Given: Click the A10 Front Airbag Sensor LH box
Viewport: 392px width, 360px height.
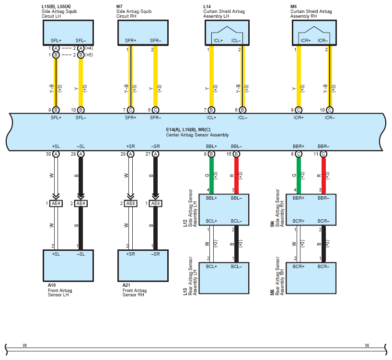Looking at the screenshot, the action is pyautogui.click(x=68, y=266).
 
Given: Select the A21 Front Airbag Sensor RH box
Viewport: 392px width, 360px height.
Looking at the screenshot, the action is pyautogui.click(x=143, y=266).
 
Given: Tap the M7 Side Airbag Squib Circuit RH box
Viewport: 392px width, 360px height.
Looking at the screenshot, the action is pyautogui.click(x=143, y=33).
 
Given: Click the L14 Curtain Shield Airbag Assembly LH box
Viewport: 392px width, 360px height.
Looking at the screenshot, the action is pyautogui.click(x=227, y=33).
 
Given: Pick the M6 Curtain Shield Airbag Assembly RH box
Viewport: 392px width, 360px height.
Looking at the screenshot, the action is pyautogui.click(x=314, y=33).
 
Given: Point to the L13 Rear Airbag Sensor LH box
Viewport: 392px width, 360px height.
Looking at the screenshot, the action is pyautogui.click(x=224, y=278).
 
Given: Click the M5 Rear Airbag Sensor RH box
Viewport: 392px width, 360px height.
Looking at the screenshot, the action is pyautogui.click(x=311, y=278).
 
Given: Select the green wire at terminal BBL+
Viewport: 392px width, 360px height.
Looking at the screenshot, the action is pyautogui.click(x=211, y=176).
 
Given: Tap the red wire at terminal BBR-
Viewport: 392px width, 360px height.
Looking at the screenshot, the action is pyautogui.click(x=323, y=176).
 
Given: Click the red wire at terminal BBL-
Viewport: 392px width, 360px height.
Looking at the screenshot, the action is pyautogui.click(x=237, y=176).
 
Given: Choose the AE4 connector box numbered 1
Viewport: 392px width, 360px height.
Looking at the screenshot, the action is pyautogui.click(x=56, y=203).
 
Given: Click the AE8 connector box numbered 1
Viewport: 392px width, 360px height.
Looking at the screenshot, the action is pyautogui.click(x=155, y=203).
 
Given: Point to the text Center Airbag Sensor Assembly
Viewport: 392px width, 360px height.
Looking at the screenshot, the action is pyautogui.click(x=197, y=135).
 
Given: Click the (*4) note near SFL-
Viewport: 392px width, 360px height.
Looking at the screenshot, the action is pyautogui.click(x=89, y=48).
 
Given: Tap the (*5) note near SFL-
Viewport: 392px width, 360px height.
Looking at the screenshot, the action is pyautogui.click(x=89, y=55).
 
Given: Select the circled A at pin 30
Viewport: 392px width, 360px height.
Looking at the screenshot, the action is pyautogui.click(x=56, y=154).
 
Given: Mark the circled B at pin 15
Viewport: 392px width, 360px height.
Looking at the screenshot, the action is pyautogui.click(x=237, y=154).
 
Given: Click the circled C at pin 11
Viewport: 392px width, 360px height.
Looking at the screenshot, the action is pyautogui.click(x=323, y=154).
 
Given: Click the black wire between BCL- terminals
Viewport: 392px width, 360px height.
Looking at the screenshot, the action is pyautogui.click(x=237, y=244).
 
